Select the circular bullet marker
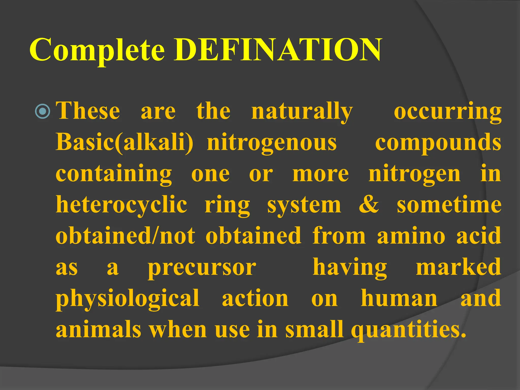[42, 111]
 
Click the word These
[88, 111]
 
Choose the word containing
[114, 174]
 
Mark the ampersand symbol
[369, 205]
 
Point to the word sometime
[449, 205]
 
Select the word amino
[411, 236]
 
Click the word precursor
[202, 268]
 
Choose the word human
[399, 298]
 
